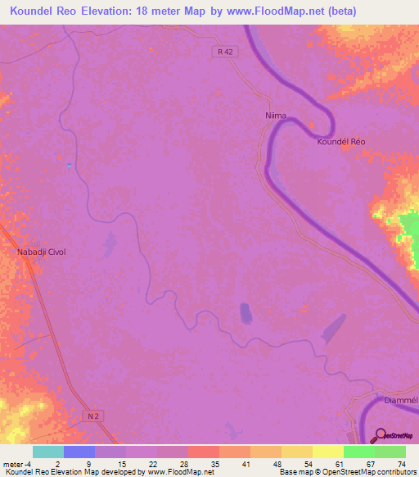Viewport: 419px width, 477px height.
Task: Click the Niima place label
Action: click(x=276, y=116)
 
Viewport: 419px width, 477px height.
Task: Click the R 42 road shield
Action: click(x=226, y=52)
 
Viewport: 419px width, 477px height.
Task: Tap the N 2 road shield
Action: click(x=94, y=417)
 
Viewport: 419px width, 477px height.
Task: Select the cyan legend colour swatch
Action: click(x=47, y=452)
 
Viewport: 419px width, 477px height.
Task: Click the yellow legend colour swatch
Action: click(x=327, y=452)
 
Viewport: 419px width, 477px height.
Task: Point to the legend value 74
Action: click(x=401, y=464)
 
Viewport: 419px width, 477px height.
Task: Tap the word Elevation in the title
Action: click(x=119, y=9)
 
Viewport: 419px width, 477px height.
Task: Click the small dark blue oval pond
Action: click(x=244, y=312)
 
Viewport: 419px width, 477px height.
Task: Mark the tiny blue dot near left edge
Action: click(x=69, y=166)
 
